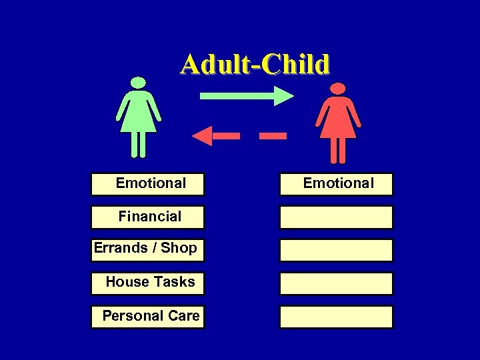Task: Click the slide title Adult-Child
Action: [x=255, y=65]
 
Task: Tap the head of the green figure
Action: [x=138, y=83]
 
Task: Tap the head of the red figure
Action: [x=338, y=89]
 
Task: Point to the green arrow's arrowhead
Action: [x=283, y=95]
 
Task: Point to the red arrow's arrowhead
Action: [x=202, y=136]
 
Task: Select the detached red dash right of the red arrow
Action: [x=273, y=136]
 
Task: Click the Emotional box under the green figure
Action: [x=147, y=183]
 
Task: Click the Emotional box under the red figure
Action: [x=336, y=183]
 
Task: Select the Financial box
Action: [x=147, y=217]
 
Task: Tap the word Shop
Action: [x=179, y=248]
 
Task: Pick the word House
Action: [x=127, y=282]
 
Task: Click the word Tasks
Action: [x=173, y=282]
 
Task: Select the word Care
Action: [x=184, y=316]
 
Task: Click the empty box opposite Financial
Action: [x=336, y=217]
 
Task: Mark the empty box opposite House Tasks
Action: [x=336, y=283]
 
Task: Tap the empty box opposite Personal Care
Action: [x=336, y=317]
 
